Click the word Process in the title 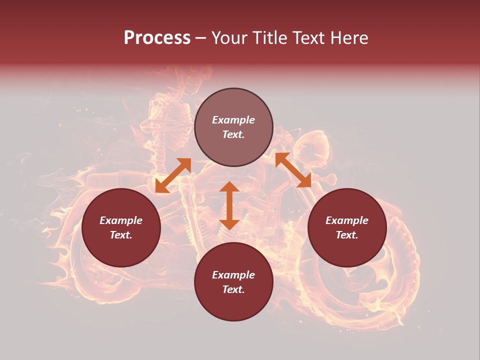(157, 38)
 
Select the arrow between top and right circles (293, 170)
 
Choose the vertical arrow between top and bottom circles (229, 205)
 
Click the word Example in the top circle (233, 120)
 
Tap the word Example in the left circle (121, 220)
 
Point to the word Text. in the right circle (347, 235)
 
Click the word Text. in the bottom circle (233, 289)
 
